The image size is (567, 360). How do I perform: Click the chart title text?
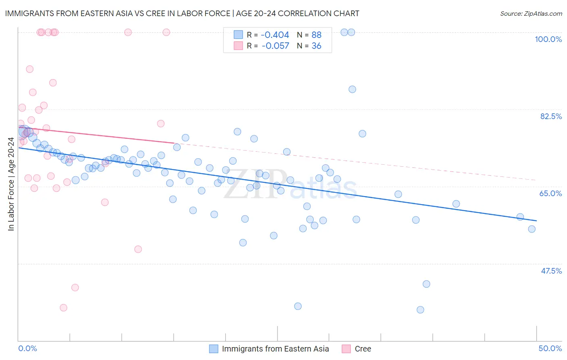182,13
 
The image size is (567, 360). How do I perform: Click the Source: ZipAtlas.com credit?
531,14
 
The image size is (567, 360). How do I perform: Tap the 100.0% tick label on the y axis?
548,39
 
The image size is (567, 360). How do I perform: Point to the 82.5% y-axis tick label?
550,116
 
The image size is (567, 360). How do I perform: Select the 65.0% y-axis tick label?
550,193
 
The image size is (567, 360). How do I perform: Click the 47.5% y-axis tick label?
551,271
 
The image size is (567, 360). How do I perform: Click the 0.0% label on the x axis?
27,348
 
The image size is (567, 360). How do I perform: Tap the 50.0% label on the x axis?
550,348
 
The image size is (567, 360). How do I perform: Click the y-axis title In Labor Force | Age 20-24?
11,184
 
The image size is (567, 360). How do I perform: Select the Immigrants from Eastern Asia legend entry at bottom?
275,349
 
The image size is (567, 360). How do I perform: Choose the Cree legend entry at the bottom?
363,349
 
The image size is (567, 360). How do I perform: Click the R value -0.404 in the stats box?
275,35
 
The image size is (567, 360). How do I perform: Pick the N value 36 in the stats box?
316,46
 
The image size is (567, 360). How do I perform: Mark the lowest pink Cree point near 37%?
63,308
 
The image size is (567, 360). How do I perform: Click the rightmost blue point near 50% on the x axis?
532,229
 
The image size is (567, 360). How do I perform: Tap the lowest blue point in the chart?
420,310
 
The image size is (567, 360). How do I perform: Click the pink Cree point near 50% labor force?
138,249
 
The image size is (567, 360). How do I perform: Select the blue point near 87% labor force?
352,89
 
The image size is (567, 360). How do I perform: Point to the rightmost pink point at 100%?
166,32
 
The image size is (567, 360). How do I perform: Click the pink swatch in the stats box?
238,46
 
